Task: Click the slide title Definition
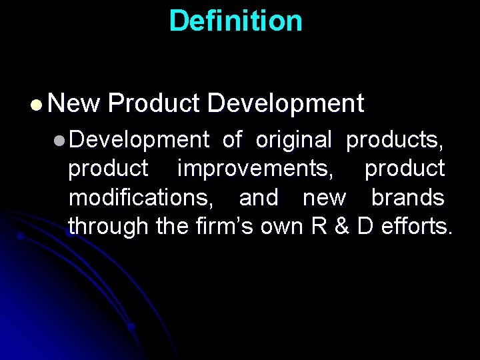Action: [x=235, y=21]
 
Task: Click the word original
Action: [x=293, y=140]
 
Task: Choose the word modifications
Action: [x=147, y=198]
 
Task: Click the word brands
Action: [x=407, y=198]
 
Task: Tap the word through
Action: [x=108, y=227]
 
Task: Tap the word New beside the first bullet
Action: [x=73, y=104]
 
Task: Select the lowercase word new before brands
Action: [x=324, y=198]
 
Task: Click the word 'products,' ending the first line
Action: [x=395, y=141]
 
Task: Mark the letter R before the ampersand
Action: [x=319, y=227]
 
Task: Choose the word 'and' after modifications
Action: [x=258, y=198]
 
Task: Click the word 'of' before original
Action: [x=232, y=140]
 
